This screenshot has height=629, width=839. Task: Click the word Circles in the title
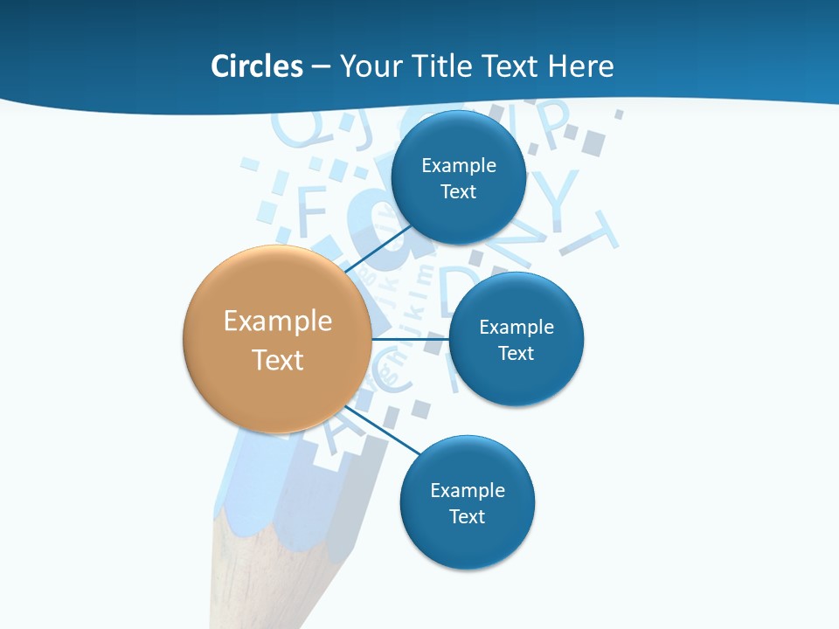tap(257, 66)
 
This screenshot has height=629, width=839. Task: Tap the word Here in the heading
tap(580, 66)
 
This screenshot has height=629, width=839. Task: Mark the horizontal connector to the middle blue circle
tap(411, 339)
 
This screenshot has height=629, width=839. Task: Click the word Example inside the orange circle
tap(278, 321)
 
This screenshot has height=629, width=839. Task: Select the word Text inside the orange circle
tap(278, 360)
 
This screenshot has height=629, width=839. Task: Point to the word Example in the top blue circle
tap(459, 165)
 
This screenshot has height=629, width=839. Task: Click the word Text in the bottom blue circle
tap(468, 516)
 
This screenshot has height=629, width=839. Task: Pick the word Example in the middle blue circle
tap(517, 327)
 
